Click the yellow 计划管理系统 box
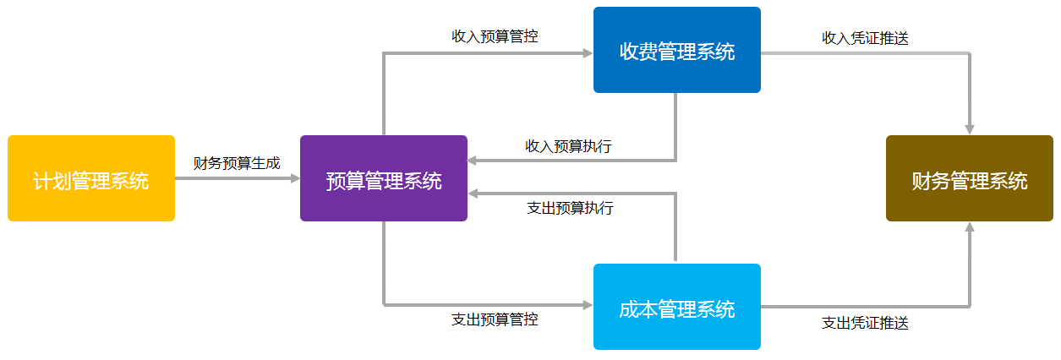click(91, 178)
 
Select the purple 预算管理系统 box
click(384, 178)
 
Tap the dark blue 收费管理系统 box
click(677, 50)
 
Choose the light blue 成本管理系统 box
click(677, 307)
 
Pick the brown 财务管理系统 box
click(970, 178)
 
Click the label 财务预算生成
click(237, 163)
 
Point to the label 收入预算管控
click(495, 36)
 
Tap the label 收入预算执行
click(568, 146)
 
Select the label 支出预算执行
click(570, 208)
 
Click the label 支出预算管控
click(495, 319)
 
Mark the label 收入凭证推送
click(865, 38)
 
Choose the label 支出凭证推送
click(865, 323)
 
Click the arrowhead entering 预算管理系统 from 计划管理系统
click(295, 178)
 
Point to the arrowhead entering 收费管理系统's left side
click(588, 53)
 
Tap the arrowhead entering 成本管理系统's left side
click(588, 305)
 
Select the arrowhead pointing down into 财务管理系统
click(970, 130)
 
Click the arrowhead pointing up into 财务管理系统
click(970, 226)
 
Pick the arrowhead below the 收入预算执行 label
click(473, 161)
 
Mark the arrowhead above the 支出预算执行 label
click(473, 194)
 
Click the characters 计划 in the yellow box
click(52, 181)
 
